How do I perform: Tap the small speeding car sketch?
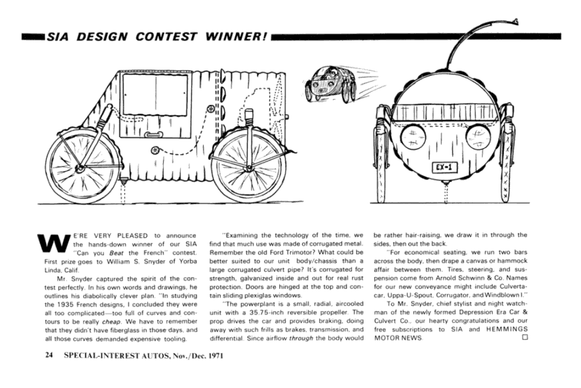(330, 84)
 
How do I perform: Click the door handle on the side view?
(153, 135)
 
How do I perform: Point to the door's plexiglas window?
(156, 95)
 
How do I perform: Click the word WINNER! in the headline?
(236, 36)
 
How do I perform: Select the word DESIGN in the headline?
(102, 36)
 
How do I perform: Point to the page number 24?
(49, 355)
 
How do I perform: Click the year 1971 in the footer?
(215, 355)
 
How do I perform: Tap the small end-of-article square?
(524, 337)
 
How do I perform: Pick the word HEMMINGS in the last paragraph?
(507, 329)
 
